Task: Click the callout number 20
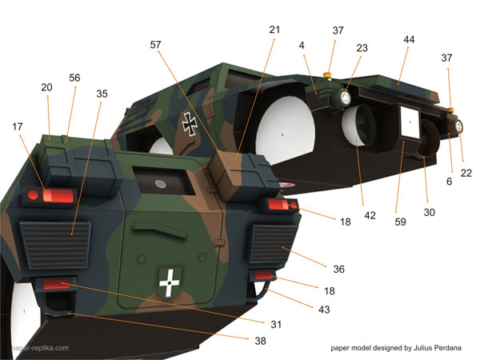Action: click(46, 88)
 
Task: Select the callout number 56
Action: click(75, 78)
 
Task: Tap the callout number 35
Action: click(102, 94)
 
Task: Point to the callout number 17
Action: click(18, 126)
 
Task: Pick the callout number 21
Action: click(275, 30)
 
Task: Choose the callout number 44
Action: click(409, 39)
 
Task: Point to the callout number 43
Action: click(323, 309)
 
